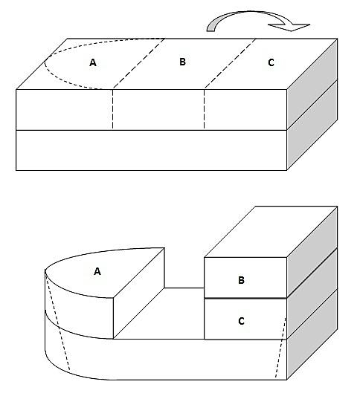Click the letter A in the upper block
(93, 62)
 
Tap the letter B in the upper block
(182, 62)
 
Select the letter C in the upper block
(271, 62)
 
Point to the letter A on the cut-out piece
(97, 271)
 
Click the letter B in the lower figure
(241, 280)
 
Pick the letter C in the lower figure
(241, 321)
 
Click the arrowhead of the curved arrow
(289, 27)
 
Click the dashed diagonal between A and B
(139, 64)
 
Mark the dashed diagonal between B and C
(230, 64)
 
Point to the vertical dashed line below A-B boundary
(112, 110)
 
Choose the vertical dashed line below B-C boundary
(204, 110)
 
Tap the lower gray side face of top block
(312, 126)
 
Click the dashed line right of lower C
(280, 348)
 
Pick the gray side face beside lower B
(312, 253)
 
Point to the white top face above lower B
(271, 232)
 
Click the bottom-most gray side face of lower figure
(312, 334)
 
